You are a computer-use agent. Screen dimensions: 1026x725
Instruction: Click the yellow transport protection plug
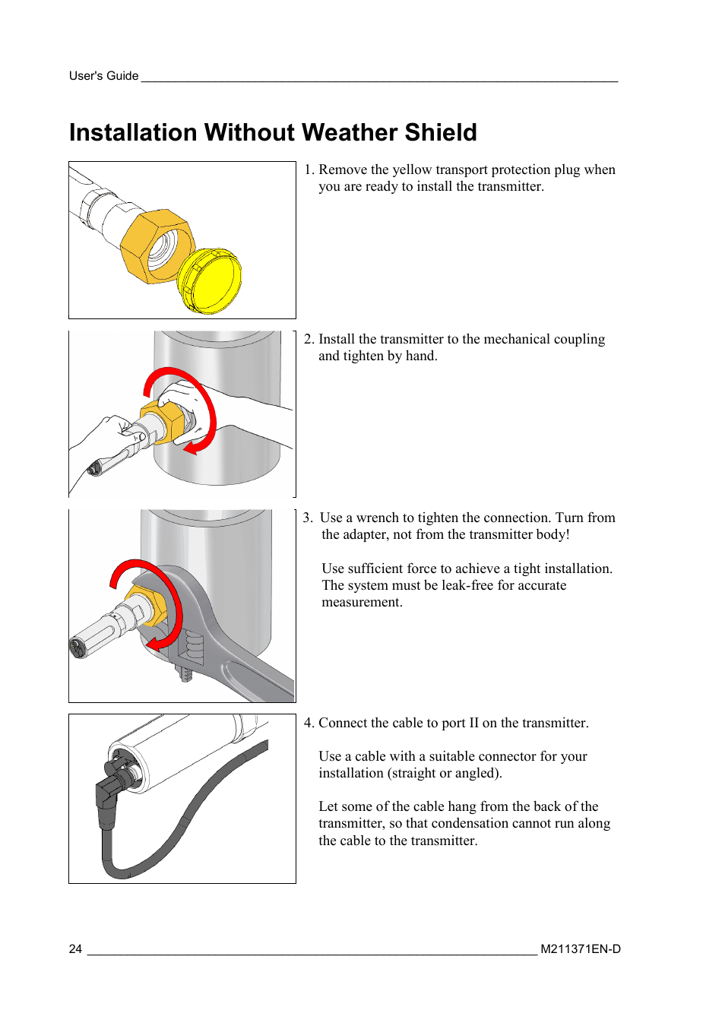(x=210, y=280)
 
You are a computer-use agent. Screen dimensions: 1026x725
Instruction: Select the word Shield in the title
(x=440, y=133)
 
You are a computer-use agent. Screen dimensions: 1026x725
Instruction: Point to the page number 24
(x=75, y=949)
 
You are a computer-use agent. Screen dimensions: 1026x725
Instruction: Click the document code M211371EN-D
(x=581, y=949)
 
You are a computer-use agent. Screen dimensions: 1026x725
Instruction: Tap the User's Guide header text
(x=103, y=76)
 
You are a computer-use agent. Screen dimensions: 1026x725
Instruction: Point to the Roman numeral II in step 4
(x=473, y=723)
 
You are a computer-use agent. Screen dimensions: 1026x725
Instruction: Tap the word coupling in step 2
(x=579, y=339)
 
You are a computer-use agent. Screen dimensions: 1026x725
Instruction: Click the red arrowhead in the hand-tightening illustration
(x=190, y=448)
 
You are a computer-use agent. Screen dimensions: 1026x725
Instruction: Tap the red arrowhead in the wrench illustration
(x=154, y=644)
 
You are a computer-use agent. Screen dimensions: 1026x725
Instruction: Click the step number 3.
(x=307, y=518)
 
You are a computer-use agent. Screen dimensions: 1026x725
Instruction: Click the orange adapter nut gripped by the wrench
(x=147, y=605)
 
